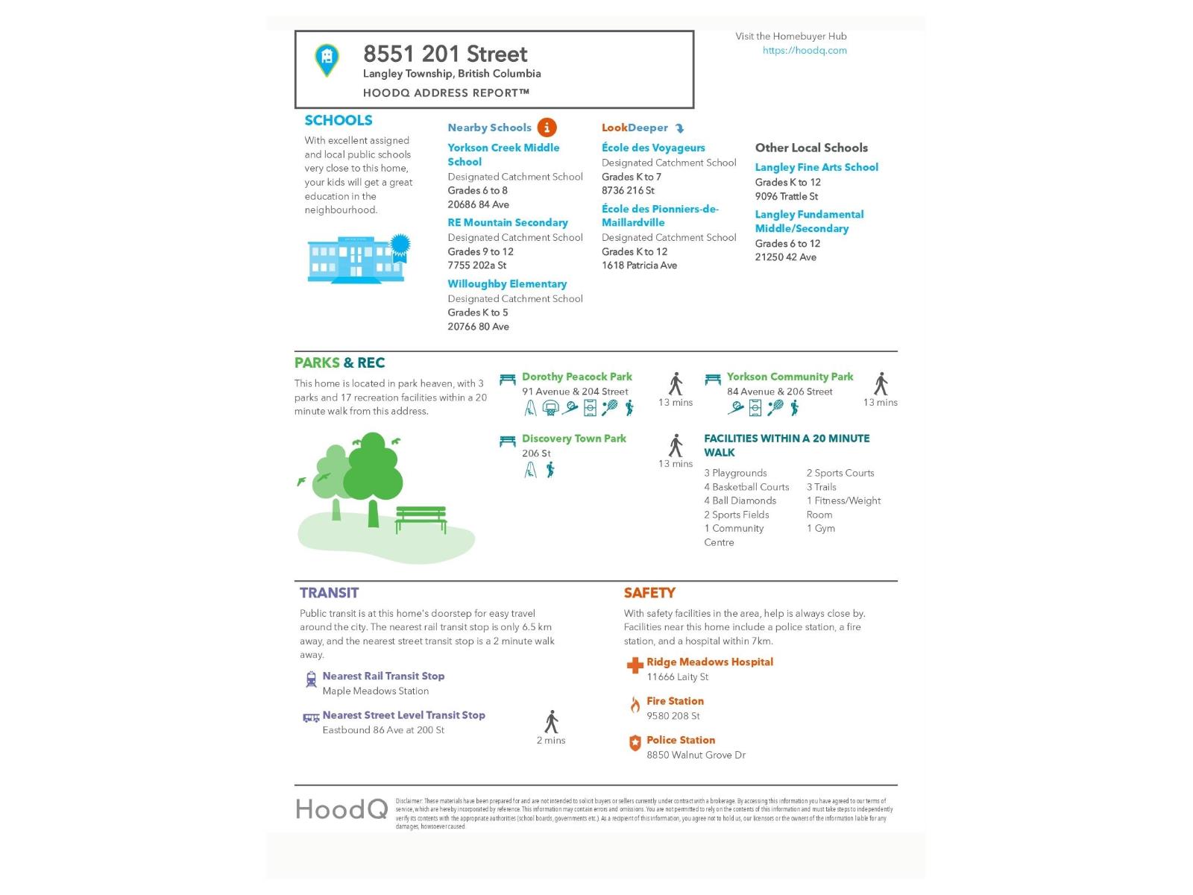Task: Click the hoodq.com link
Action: pyautogui.click(x=805, y=51)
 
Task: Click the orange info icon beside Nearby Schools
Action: pyautogui.click(x=547, y=128)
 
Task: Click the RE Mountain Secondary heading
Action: pyautogui.click(x=507, y=222)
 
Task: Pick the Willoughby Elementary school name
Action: pyautogui.click(x=507, y=283)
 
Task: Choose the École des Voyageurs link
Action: pyautogui.click(x=653, y=148)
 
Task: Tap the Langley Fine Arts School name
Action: pyautogui.click(x=816, y=167)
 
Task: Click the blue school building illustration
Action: pyautogui.click(x=356, y=260)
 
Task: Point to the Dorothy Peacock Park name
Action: pyautogui.click(x=576, y=377)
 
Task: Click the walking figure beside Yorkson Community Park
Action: pyautogui.click(x=881, y=383)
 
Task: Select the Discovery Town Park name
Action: pyautogui.click(x=573, y=439)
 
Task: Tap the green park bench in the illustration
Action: pyautogui.click(x=421, y=518)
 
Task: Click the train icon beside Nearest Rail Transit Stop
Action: pyautogui.click(x=311, y=679)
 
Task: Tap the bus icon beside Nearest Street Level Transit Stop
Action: pyautogui.click(x=311, y=717)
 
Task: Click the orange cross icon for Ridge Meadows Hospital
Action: pyautogui.click(x=635, y=665)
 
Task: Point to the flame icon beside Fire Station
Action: pyautogui.click(x=635, y=705)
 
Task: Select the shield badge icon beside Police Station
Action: pyautogui.click(x=635, y=743)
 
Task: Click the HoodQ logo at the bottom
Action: pyautogui.click(x=341, y=809)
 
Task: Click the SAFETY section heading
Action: pyautogui.click(x=649, y=593)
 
